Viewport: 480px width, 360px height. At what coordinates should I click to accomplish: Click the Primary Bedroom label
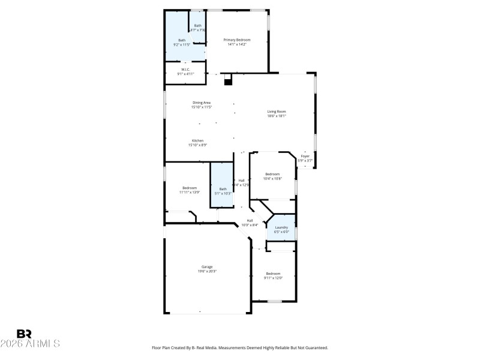(x=237, y=40)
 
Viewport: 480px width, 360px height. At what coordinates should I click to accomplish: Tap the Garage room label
(x=207, y=266)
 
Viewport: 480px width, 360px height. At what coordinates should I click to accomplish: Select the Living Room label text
(x=277, y=111)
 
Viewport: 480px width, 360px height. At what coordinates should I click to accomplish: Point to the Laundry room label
(x=281, y=227)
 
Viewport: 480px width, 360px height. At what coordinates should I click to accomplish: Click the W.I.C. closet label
(x=185, y=69)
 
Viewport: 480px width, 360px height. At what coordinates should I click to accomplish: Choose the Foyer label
(x=305, y=156)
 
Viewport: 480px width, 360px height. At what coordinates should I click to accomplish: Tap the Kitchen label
(x=197, y=140)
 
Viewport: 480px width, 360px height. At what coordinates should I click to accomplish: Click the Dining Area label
(x=202, y=103)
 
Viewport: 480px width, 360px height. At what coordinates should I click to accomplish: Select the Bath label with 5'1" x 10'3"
(x=223, y=189)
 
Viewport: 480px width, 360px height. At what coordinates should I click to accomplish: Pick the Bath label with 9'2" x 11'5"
(x=182, y=40)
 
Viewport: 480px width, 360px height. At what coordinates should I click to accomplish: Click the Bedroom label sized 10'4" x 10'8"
(x=273, y=174)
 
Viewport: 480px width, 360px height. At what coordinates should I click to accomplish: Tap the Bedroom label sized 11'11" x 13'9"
(x=190, y=188)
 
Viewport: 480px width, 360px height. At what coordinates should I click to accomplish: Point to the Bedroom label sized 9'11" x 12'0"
(x=273, y=274)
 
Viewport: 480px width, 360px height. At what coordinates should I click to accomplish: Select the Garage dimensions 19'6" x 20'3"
(x=207, y=271)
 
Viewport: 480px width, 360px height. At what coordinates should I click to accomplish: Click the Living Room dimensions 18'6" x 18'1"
(x=277, y=116)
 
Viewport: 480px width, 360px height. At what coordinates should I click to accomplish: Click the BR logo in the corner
(x=25, y=334)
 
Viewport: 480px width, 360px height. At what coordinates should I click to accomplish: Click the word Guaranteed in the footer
(x=314, y=347)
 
